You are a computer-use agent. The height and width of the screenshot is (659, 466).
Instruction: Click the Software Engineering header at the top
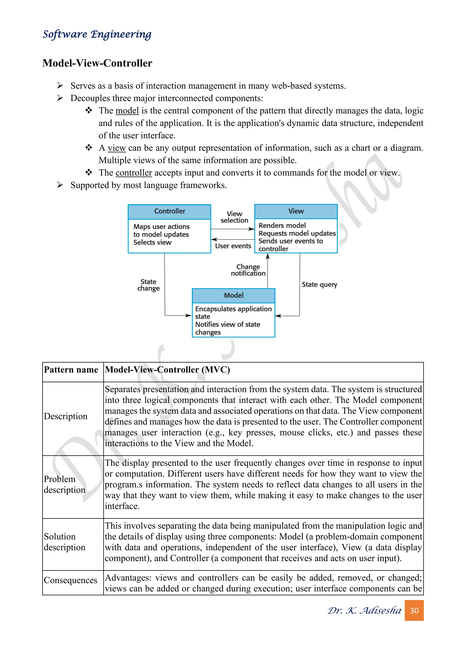(x=97, y=34)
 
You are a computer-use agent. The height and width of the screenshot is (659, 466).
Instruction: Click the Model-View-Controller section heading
(x=97, y=63)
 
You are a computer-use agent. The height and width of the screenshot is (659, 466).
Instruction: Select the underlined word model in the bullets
(x=127, y=111)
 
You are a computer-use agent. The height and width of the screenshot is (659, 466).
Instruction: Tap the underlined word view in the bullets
(x=117, y=148)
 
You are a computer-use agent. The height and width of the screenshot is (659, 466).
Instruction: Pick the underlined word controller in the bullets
(x=134, y=173)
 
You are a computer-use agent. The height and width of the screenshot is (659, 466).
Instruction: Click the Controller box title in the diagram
(x=170, y=211)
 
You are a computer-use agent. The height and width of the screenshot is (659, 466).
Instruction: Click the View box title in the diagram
(x=296, y=211)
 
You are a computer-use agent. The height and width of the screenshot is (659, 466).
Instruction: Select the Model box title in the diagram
(x=234, y=295)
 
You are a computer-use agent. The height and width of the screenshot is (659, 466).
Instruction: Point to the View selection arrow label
(x=234, y=217)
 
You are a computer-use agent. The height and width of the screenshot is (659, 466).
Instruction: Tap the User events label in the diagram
(x=233, y=246)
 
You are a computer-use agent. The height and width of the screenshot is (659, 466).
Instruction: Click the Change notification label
(x=248, y=270)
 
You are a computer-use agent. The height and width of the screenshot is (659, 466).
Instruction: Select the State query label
(x=319, y=284)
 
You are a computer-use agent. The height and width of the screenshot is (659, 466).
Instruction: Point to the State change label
(x=148, y=285)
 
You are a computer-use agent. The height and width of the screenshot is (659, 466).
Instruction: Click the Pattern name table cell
(x=71, y=370)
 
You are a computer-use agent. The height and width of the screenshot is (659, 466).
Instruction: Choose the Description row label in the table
(x=66, y=416)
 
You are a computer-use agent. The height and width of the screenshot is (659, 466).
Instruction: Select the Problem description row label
(x=65, y=484)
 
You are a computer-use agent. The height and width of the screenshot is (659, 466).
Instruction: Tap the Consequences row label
(x=71, y=580)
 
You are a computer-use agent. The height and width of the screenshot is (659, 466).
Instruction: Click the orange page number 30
(x=414, y=611)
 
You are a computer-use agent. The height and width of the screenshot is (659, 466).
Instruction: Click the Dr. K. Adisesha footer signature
(x=365, y=611)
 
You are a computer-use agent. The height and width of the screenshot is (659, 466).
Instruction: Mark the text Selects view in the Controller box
(x=152, y=243)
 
